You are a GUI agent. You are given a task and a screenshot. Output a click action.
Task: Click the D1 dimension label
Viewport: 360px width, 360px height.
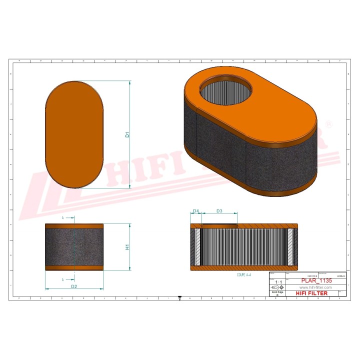[x=127, y=135]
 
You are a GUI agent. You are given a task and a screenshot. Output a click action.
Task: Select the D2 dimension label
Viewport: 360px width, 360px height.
[x=73, y=286]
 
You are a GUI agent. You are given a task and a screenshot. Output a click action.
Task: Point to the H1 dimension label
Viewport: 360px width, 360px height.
[x=127, y=247]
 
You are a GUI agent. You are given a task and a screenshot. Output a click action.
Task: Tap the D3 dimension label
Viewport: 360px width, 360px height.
[x=219, y=211]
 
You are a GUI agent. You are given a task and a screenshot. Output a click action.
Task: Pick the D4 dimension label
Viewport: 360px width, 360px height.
[x=196, y=211]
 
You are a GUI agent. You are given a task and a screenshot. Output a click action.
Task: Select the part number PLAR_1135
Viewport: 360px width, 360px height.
[x=316, y=281]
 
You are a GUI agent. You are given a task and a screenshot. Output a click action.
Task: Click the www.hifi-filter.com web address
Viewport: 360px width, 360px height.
[x=316, y=288]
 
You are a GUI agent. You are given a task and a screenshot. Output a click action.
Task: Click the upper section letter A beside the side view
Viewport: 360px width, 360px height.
[x=63, y=218]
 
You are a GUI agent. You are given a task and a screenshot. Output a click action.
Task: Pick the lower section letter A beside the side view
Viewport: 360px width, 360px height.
[x=63, y=279]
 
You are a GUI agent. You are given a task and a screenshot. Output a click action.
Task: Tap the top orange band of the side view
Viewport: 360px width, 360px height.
[x=74, y=225]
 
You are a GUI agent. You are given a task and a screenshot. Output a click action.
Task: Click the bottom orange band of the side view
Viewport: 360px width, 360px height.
[x=74, y=268]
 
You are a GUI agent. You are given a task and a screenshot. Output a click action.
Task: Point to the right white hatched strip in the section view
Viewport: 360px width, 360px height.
[x=290, y=247]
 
